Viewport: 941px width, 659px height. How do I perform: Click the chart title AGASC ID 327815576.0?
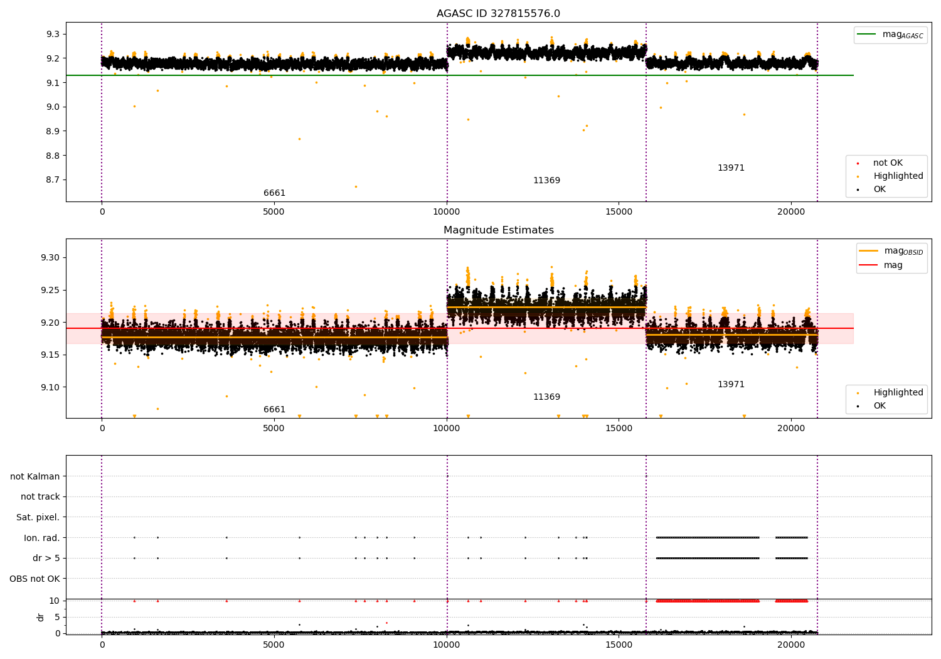498,14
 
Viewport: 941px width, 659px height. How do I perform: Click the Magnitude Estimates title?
498,230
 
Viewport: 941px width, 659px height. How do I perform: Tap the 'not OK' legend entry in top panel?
887,163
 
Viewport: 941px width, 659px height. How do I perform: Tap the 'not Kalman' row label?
35,476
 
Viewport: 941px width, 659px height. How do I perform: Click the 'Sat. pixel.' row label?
38,517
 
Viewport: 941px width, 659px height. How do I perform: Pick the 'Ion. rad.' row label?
41,538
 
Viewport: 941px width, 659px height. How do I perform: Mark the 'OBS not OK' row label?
35,579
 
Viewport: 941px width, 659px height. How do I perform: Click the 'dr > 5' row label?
46,558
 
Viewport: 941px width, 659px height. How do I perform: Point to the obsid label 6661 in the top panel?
274,193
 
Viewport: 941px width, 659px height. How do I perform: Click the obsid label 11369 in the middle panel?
546,397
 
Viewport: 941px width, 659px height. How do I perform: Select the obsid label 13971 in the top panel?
731,168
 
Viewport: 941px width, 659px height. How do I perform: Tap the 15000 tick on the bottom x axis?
619,644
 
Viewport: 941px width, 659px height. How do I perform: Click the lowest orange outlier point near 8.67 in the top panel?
356,186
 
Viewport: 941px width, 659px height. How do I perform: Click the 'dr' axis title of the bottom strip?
41,617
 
